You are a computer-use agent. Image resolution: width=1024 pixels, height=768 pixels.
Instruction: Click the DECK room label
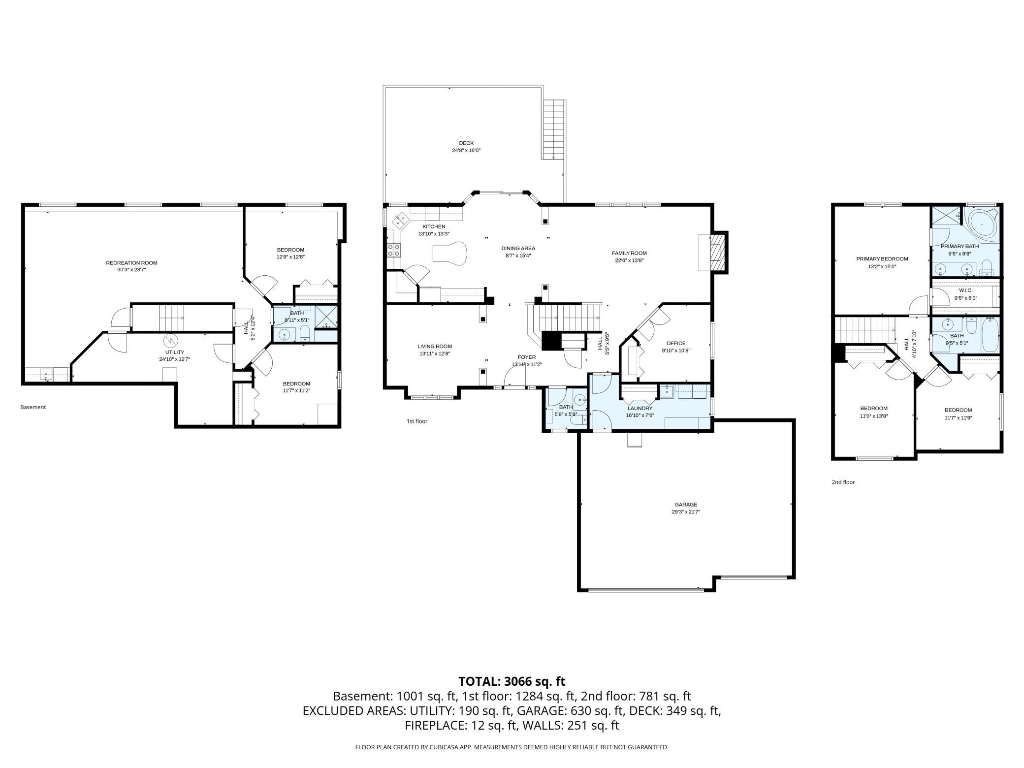pos(466,143)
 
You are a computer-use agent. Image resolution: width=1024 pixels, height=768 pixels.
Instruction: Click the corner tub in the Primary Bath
pos(982,224)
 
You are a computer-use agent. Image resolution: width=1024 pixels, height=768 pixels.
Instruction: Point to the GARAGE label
pos(686,505)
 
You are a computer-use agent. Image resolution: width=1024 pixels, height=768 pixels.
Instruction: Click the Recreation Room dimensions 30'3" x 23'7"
pos(131,270)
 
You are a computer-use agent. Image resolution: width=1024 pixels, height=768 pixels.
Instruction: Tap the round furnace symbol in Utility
pos(170,340)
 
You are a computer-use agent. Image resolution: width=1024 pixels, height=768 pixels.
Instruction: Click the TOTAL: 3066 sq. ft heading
pos(512,681)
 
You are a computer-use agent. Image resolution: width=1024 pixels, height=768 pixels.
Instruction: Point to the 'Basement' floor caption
pos(33,407)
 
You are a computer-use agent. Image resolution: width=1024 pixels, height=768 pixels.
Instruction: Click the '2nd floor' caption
pos(843,482)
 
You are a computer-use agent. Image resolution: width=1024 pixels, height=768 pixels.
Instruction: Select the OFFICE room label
pos(675,344)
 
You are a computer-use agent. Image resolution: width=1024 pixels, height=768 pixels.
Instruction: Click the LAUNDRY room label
pos(640,408)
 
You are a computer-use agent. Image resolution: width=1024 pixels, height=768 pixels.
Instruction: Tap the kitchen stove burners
pos(394,250)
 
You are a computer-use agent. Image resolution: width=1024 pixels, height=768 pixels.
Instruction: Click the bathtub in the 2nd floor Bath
pos(991,335)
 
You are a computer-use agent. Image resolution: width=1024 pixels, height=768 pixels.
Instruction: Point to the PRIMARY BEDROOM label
pos(882,259)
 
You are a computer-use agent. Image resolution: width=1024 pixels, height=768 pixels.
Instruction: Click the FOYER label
pos(526,357)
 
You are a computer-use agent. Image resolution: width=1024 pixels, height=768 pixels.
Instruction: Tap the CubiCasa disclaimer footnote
pos(512,747)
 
